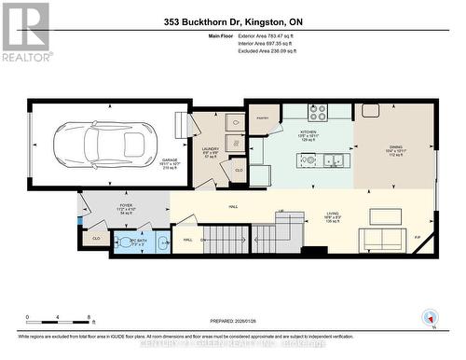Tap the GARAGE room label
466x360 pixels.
pos(170,160)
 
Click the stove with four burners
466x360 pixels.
pos(316,113)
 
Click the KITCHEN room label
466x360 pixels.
pos(308,132)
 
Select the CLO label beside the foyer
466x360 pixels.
pos(96,239)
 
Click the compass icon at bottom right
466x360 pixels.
pos(430,316)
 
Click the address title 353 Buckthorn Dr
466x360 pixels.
pos(233,21)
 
